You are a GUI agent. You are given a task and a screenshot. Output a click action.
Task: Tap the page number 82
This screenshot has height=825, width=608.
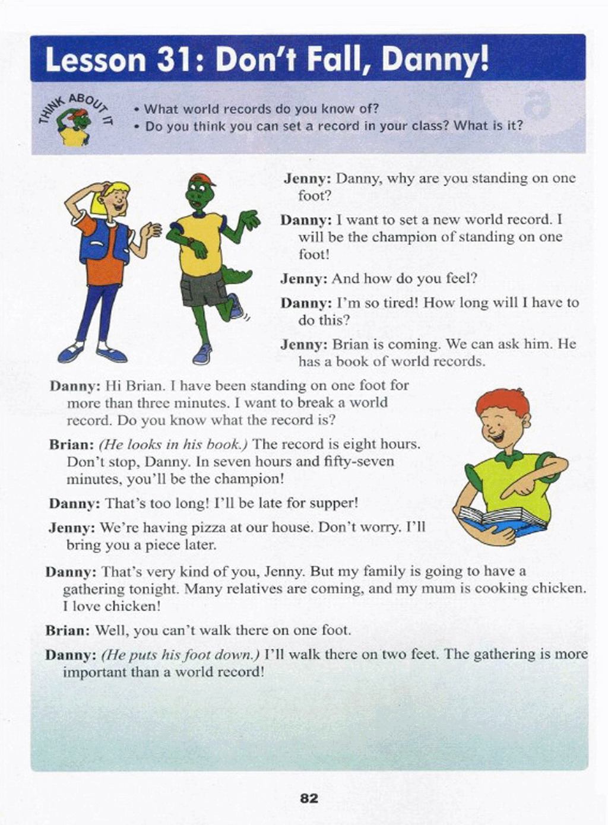tap(309, 798)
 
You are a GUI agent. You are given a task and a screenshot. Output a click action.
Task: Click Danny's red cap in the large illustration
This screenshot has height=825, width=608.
tap(201, 179)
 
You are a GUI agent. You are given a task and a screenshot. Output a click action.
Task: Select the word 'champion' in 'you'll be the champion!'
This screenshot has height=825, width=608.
tap(247, 479)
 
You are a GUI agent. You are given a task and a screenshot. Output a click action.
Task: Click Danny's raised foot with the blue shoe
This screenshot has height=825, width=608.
tap(235, 307)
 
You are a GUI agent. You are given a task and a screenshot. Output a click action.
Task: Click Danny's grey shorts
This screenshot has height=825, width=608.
tap(204, 288)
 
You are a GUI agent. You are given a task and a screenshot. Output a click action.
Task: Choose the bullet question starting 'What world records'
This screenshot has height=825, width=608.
tap(261, 109)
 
